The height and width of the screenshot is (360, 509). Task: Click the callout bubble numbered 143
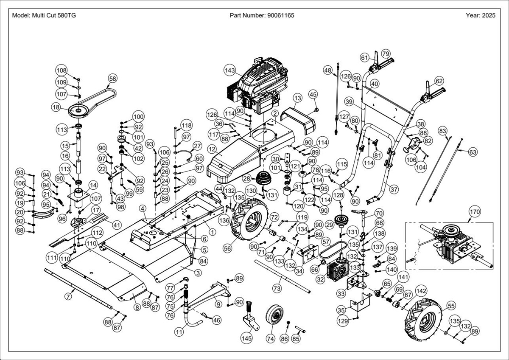tap(230, 70)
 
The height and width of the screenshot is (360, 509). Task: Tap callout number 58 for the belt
tap(112, 79)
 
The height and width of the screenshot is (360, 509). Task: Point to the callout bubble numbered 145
tap(246, 338)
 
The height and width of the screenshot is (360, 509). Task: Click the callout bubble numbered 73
tap(277, 289)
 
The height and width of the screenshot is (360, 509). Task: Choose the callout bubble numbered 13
tap(297, 98)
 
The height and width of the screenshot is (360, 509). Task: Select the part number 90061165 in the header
tap(281, 15)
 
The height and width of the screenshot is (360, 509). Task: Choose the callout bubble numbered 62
tap(439, 81)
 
